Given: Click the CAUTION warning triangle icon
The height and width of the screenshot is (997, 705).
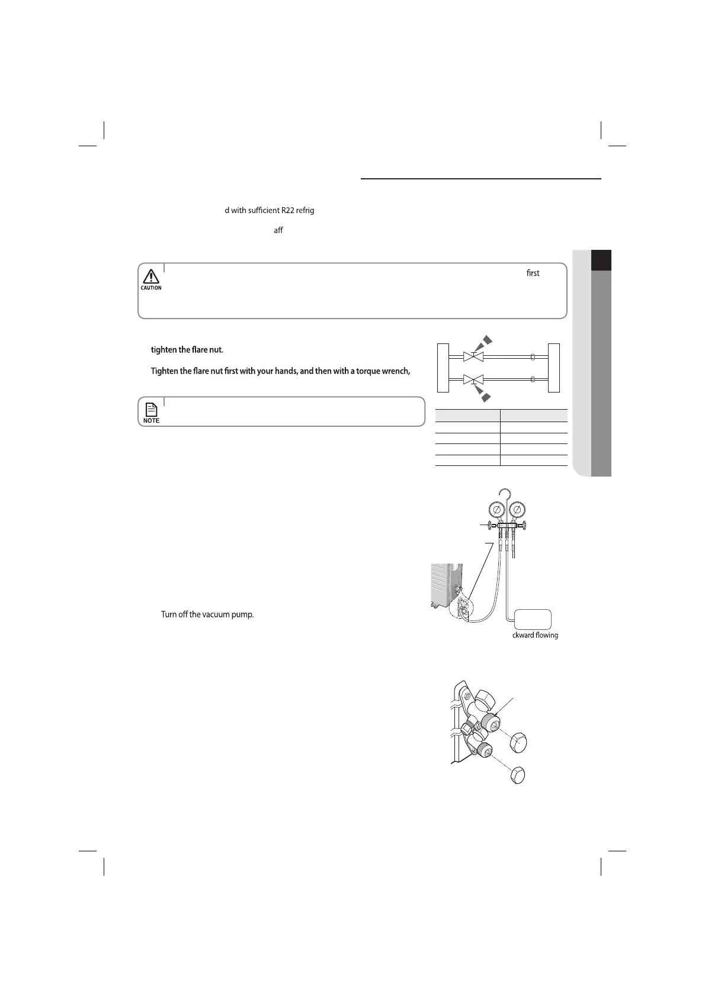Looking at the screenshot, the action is pyautogui.click(x=151, y=276).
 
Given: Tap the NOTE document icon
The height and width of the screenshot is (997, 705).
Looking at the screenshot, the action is pyautogui.click(x=151, y=409).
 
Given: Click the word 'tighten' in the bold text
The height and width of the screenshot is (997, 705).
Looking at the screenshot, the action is pyautogui.click(x=164, y=350).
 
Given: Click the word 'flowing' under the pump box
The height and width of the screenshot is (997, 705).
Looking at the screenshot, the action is pyautogui.click(x=544, y=635).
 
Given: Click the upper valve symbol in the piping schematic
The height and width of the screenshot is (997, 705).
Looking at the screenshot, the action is pyautogui.click(x=473, y=357).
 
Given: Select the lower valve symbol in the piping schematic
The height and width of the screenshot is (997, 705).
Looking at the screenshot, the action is pyautogui.click(x=473, y=378).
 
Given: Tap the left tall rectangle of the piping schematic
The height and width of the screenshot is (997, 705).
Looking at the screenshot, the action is pyautogui.click(x=443, y=367).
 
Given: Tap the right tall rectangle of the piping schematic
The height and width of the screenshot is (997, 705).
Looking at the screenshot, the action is pyautogui.click(x=555, y=367).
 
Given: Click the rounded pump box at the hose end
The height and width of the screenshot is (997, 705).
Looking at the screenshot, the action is pyautogui.click(x=533, y=619).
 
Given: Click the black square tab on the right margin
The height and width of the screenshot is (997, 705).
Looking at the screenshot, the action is pyautogui.click(x=601, y=260).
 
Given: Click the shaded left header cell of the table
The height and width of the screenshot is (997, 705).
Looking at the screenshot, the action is pyautogui.click(x=467, y=415).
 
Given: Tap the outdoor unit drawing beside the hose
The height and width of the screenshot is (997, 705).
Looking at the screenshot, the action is pyautogui.click(x=446, y=586).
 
